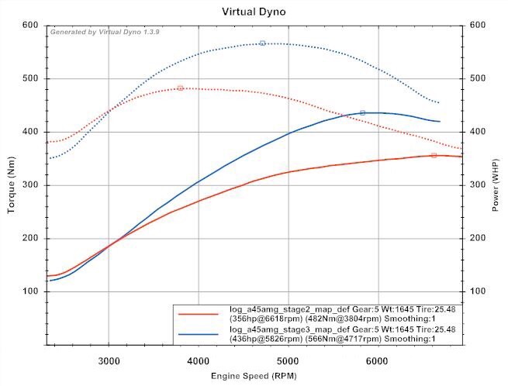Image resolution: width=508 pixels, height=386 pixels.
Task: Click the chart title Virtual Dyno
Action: (254, 12)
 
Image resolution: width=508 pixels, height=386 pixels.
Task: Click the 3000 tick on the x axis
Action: (109, 361)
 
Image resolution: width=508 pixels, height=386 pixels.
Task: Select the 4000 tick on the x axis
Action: (199, 361)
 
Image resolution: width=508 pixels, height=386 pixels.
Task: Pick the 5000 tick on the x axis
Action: (288, 361)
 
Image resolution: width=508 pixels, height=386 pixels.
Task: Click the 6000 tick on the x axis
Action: (377, 361)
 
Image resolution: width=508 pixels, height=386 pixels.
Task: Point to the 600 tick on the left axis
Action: (30, 26)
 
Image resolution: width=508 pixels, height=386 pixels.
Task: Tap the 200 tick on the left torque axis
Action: (30, 238)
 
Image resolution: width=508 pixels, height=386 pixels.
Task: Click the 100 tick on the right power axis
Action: (477, 291)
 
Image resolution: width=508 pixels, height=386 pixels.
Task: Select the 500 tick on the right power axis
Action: (477, 79)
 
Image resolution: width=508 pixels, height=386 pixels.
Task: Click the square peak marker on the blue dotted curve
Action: (263, 43)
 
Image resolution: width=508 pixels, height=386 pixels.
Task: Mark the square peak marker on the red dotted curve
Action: (181, 88)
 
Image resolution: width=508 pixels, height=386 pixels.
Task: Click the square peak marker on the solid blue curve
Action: (362, 113)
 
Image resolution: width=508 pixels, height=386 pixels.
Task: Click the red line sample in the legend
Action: (198, 314)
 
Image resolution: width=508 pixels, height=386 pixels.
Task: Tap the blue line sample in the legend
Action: (198, 334)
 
